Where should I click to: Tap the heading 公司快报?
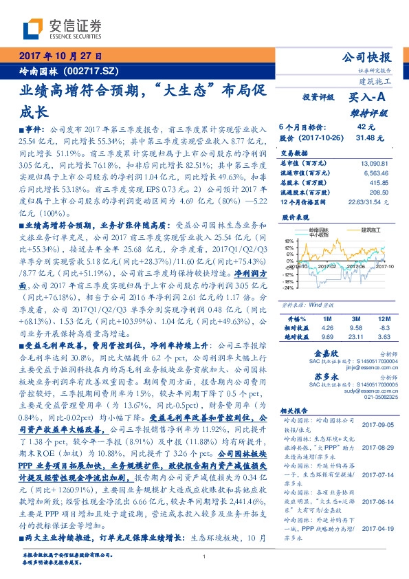point(368,57)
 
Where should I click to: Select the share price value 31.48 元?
point(367,138)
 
